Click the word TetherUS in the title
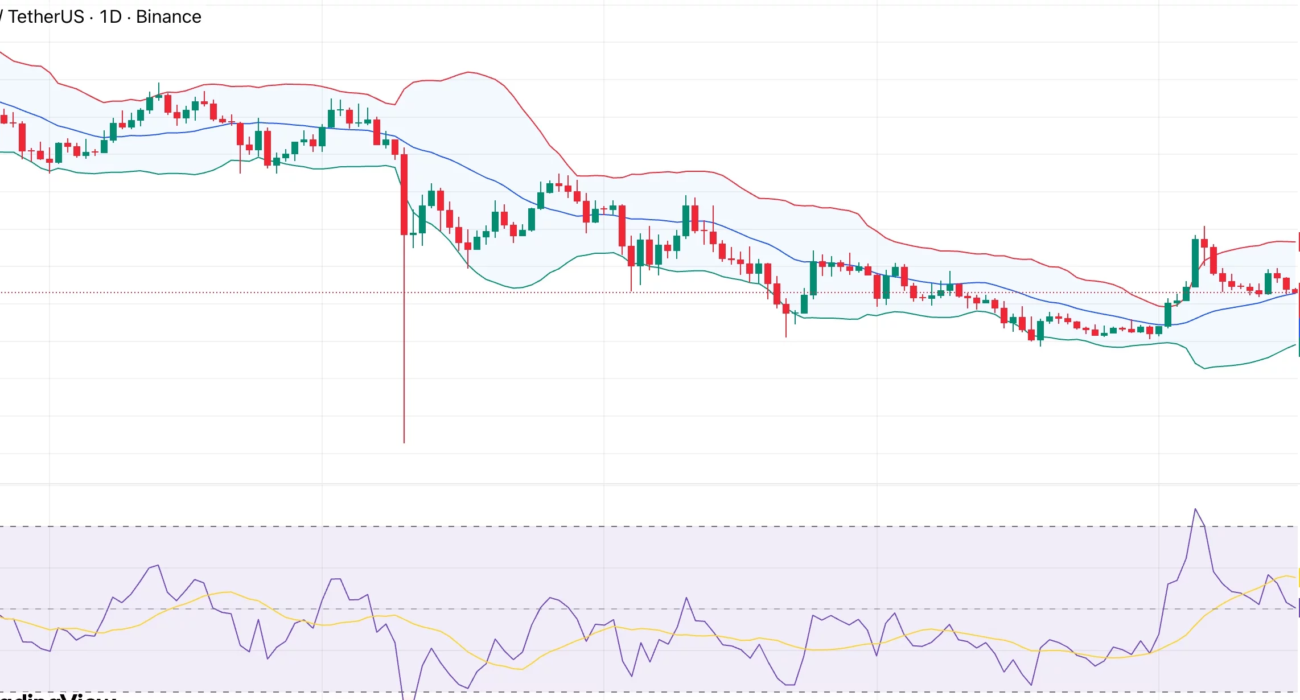[46, 17]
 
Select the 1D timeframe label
[111, 17]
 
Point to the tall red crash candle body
[404, 195]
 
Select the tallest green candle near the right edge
[1195, 262]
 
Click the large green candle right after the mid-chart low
[812, 276]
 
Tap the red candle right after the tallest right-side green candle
[1213, 260]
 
